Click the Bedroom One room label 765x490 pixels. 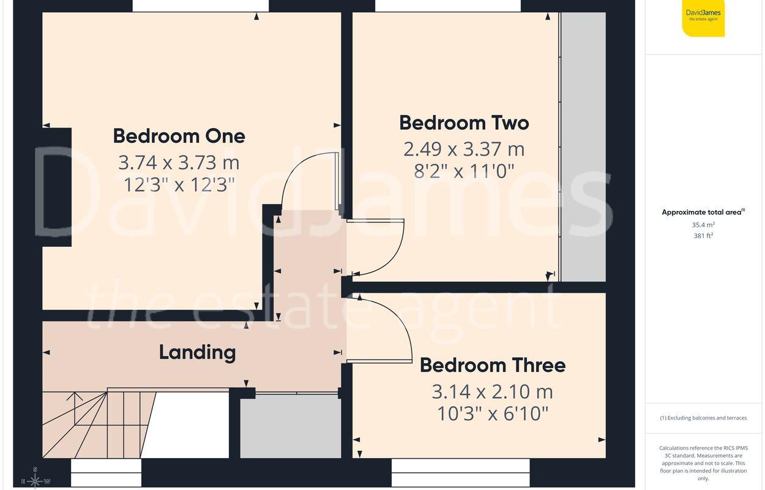click(x=179, y=135)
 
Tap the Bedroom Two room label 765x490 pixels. click(x=464, y=123)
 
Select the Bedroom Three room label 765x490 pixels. click(x=492, y=365)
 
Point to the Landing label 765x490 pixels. click(x=197, y=352)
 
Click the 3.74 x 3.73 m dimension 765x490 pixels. click(x=179, y=162)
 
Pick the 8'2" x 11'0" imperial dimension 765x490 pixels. click(x=464, y=170)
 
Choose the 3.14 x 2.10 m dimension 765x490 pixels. click(x=492, y=391)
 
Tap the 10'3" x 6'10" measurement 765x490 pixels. click(x=492, y=414)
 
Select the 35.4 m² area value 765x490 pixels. click(x=703, y=225)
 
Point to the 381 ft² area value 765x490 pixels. click(x=703, y=236)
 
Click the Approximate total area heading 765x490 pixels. click(x=703, y=213)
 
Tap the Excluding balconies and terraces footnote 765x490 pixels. click(x=703, y=418)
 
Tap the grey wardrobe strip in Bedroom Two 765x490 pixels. click(x=583, y=147)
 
